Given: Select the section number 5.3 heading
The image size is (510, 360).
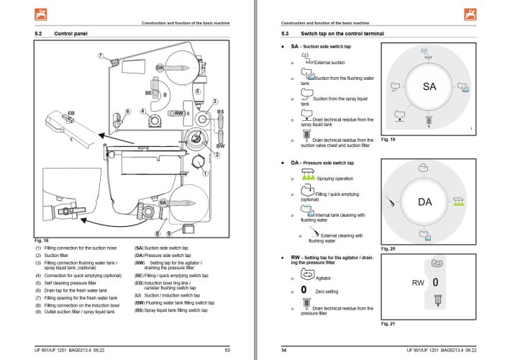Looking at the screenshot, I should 286,34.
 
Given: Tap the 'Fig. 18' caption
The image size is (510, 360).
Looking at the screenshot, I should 42,240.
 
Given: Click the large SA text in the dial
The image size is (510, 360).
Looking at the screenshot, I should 429,86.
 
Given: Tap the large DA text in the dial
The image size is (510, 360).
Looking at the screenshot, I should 425,202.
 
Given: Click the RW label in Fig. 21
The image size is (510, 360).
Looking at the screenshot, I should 418,283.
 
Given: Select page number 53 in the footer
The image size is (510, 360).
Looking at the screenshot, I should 227,349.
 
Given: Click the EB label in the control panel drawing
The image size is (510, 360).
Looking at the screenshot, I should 71,114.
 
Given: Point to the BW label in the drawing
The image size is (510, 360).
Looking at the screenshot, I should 221,147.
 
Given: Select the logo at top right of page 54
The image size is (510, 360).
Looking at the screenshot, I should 471,12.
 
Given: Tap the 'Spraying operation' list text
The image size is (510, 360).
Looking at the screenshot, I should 334,178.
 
